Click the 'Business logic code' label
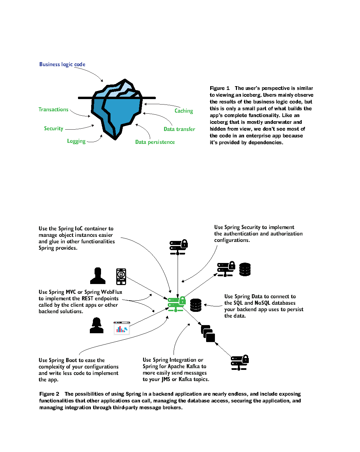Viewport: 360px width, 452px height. coord(62,64)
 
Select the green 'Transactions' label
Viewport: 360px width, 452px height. coord(53,109)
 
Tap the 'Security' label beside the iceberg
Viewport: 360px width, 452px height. coord(54,128)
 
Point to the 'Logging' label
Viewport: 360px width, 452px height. coord(76,141)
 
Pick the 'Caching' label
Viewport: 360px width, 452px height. coord(184,111)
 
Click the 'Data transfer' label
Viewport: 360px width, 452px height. coord(179,129)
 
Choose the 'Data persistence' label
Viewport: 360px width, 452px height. coord(155,142)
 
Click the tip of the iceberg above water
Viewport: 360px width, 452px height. coord(125,80)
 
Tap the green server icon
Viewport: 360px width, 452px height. coord(177,304)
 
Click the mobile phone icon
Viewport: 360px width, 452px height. coord(121,277)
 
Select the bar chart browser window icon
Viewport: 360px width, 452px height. coord(122,328)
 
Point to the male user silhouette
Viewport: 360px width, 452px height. coord(98,276)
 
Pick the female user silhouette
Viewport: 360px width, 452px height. coord(97,325)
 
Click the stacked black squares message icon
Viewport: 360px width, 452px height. coord(208,334)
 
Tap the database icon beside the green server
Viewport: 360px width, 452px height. coord(196,305)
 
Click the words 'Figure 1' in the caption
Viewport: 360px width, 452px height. coord(219,88)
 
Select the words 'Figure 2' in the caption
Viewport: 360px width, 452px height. coord(49,394)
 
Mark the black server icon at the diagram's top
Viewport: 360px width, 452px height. coord(178,247)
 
